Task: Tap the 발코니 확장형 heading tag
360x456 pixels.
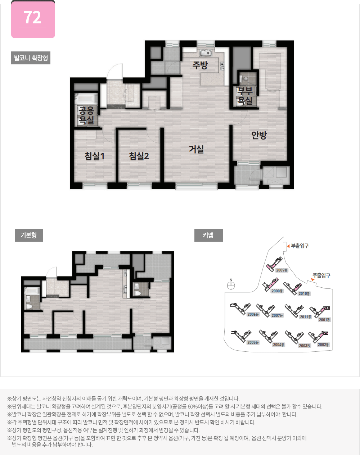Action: (x=31, y=58)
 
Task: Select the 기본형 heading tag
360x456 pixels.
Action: (x=29, y=235)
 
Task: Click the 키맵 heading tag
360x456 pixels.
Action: (x=208, y=235)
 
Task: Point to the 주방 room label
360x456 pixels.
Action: (x=200, y=65)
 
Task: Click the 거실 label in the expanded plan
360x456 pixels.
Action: (x=197, y=149)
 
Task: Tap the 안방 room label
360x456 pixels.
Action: (x=259, y=135)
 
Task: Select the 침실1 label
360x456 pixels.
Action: (x=94, y=156)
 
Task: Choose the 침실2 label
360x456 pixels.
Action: (x=139, y=156)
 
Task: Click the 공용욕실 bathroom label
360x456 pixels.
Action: (x=86, y=116)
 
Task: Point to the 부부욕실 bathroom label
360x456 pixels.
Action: (x=245, y=96)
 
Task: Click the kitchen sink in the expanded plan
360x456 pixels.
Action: (x=206, y=53)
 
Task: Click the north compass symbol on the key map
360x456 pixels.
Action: (x=231, y=286)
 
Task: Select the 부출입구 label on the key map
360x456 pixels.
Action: (x=300, y=246)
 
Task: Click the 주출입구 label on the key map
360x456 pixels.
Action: (x=321, y=275)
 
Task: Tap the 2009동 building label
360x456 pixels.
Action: (x=282, y=270)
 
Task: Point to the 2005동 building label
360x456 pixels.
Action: (x=253, y=342)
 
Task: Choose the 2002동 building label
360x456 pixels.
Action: (x=323, y=345)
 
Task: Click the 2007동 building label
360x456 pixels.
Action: (x=277, y=315)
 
